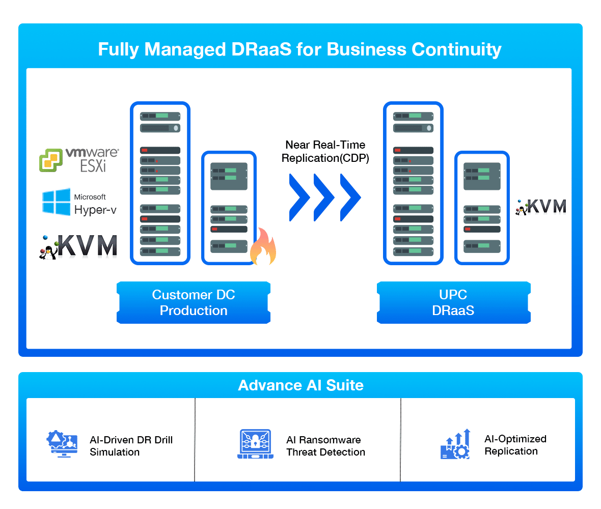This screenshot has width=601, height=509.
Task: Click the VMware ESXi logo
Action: coord(79,160)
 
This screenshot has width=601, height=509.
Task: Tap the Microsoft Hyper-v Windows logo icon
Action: coord(56,202)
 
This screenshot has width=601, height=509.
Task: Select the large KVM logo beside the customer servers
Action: coord(78,246)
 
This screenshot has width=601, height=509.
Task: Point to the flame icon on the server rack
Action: coord(263,247)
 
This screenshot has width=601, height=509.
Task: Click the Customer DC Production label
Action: coord(194,302)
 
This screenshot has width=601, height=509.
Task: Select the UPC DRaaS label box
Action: coord(453,302)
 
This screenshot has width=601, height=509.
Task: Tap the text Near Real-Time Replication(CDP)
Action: coord(325,151)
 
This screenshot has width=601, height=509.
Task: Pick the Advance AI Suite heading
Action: coord(300,385)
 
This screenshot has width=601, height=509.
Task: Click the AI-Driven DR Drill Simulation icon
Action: coord(62,443)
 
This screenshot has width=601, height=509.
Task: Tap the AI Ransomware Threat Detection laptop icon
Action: coord(255,444)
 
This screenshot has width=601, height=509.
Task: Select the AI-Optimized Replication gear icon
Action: coord(455,444)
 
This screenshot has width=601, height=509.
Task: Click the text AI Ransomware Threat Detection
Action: coord(325,446)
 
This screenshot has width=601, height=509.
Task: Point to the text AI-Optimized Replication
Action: coord(515,445)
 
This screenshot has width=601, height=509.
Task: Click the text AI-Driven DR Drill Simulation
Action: coord(131,446)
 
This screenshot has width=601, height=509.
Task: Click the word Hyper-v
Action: coord(95,209)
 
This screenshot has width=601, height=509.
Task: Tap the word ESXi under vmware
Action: coord(93,165)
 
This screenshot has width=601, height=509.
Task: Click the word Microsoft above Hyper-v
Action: coord(90,197)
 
